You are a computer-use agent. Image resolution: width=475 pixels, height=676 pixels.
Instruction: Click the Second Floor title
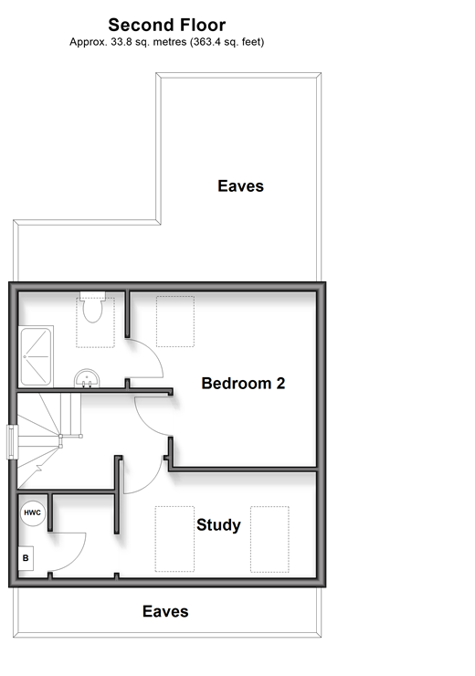tap(167, 25)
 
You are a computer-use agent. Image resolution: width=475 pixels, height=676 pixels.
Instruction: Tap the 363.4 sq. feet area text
tap(228, 42)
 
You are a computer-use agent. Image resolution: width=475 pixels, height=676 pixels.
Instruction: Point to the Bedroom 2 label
tap(243, 383)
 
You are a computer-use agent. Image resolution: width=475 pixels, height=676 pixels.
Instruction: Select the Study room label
tap(218, 524)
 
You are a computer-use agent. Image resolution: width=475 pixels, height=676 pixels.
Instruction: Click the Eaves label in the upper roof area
tap(240, 185)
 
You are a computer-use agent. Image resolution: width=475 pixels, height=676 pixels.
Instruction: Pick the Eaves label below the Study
tap(165, 611)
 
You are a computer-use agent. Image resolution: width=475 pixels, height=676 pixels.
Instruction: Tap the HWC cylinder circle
tap(33, 513)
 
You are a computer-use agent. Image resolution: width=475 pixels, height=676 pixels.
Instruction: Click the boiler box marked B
tap(26, 558)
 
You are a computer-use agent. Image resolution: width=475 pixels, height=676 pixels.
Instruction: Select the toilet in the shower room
tap(92, 307)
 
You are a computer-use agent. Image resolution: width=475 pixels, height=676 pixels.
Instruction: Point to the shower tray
tap(36, 356)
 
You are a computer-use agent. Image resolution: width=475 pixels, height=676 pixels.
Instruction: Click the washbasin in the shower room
tap(87, 378)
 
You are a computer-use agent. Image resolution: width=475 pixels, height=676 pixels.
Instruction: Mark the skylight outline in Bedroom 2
tap(175, 322)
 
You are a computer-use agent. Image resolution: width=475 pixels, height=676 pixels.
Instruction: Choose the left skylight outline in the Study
tap(174, 539)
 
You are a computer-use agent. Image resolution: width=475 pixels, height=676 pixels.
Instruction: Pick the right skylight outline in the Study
tap(269, 539)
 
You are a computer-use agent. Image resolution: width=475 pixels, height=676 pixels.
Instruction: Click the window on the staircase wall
tap(12, 442)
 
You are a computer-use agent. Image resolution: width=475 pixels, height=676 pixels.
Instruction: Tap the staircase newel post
tap(60, 437)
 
